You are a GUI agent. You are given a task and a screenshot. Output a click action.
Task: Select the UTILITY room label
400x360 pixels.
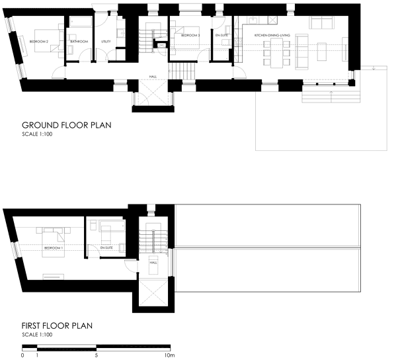[105, 42]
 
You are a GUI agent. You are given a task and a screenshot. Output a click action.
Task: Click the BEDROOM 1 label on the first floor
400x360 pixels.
[53, 247]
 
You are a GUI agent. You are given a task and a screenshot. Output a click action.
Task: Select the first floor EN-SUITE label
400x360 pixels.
[106, 247]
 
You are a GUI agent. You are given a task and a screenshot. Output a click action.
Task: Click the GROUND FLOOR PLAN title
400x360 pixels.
[66, 125]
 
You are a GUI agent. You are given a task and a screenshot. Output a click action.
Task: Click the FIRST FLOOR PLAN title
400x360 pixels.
[57, 326]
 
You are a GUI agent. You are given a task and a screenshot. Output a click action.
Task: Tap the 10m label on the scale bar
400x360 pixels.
[170, 355]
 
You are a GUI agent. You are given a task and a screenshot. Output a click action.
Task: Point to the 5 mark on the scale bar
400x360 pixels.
[97, 355]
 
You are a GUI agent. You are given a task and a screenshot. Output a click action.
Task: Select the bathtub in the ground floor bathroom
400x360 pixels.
[81, 22]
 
